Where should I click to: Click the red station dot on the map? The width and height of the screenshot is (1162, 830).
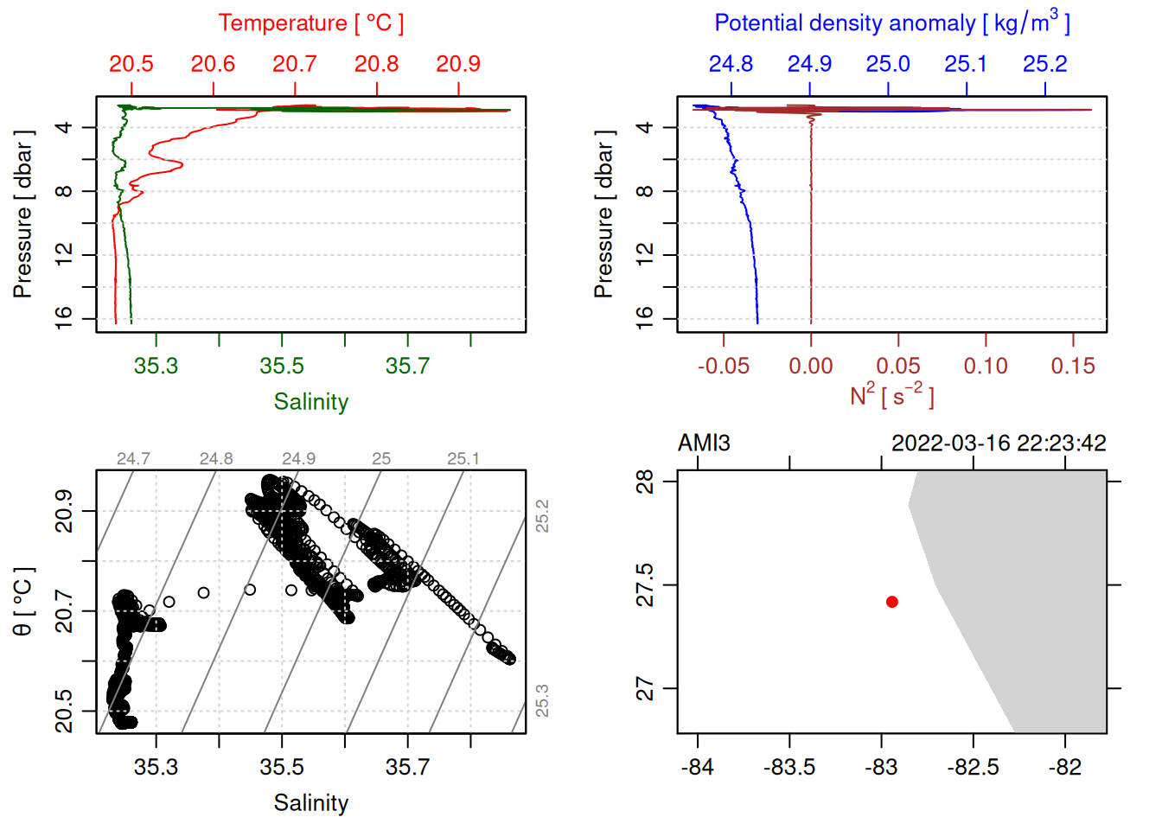click(x=891, y=602)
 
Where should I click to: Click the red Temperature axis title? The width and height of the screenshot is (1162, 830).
click(x=310, y=23)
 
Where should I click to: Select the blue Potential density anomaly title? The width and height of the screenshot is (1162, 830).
click(x=891, y=23)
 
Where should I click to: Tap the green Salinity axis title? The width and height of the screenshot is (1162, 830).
click(x=310, y=402)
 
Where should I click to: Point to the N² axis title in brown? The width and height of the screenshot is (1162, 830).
click(x=891, y=395)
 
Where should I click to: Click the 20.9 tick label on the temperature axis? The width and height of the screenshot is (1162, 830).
click(x=458, y=64)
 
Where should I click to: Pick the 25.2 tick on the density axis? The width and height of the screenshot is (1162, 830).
click(x=1044, y=64)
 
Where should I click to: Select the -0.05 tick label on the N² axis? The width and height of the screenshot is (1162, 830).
click(x=723, y=366)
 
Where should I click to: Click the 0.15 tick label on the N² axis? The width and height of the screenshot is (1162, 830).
click(x=1072, y=366)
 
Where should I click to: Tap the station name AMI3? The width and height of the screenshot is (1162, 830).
click(x=704, y=444)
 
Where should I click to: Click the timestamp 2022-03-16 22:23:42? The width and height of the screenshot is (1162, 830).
click(x=999, y=444)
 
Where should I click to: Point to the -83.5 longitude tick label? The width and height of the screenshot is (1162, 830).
click(x=789, y=767)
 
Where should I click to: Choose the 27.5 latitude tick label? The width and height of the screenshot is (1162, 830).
click(x=645, y=585)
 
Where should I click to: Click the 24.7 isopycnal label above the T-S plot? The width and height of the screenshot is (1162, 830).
click(x=133, y=459)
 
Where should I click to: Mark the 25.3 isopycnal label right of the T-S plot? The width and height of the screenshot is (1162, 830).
click(x=541, y=700)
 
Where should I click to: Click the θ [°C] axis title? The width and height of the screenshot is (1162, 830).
click(x=23, y=602)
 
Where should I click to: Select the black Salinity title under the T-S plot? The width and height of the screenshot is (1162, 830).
click(x=310, y=803)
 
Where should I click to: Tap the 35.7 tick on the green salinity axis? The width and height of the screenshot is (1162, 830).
click(x=407, y=366)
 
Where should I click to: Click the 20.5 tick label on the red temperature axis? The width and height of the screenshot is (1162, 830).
click(x=131, y=64)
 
